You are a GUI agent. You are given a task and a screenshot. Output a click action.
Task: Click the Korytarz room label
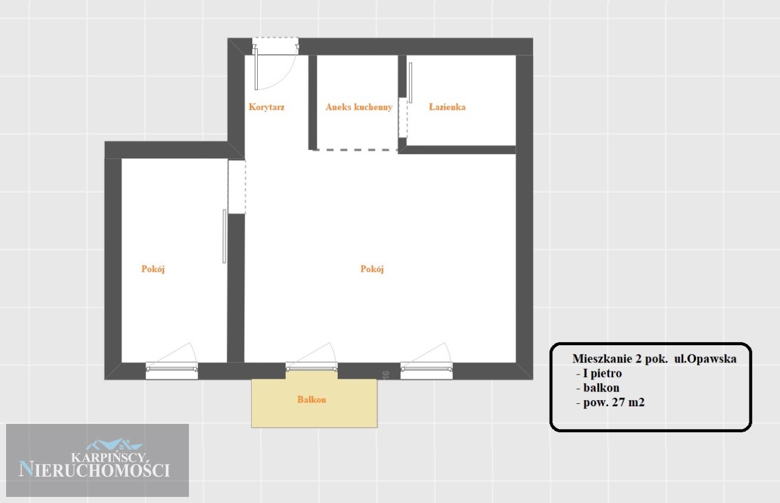pyautogui.click(x=266, y=107)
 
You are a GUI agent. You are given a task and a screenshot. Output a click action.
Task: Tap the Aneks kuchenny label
pyautogui.click(x=359, y=107)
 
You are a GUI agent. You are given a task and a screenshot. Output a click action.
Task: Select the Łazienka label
pyautogui.click(x=447, y=107)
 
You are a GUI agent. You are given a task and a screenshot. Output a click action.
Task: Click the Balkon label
pyautogui.click(x=311, y=399)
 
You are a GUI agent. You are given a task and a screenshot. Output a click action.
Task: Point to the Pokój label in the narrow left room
pyautogui.click(x=153, y=269)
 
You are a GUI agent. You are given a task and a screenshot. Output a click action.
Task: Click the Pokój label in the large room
pyautogui.click(x=372, y=269)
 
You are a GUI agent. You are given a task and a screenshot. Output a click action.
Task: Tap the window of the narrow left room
pyautogui.click(x=172, y=370)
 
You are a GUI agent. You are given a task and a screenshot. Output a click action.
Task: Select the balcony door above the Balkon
pyautogui.click(x=311, y=367)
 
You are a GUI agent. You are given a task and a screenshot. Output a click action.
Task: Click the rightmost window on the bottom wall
pyautogui.click(x=427, y=370)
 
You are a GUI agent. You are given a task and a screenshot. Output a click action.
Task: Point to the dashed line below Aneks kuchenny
pyautogui.click(x=355, y=150)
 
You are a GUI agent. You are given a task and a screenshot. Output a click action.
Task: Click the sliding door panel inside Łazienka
pyautogui.click(x=411, y=83)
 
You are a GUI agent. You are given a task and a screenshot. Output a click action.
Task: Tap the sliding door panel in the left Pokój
pyautogui.click(x=224, y=236)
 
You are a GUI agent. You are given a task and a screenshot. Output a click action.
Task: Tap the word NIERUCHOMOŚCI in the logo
pyautogui.click(x=94, y=469)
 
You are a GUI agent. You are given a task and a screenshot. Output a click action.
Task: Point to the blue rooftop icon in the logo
pyautogui.click(x=114, y=444)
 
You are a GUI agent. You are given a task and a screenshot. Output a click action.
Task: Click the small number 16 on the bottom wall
pyautogui.click(x=385, y=375)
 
